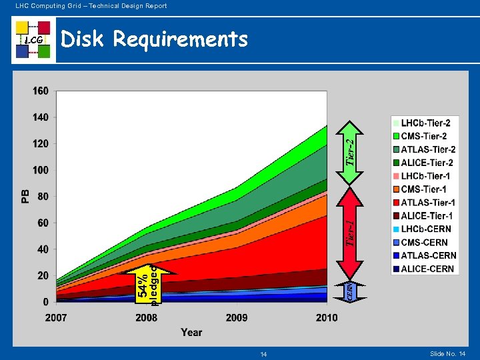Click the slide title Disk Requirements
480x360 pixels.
pos(154,40)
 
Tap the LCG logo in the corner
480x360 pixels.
pos(33,40)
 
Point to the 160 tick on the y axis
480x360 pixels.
pos(40,91)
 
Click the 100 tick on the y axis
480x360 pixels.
pos(40,170)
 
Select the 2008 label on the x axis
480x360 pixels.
pos(147,317)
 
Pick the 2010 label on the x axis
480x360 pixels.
pos(327,317)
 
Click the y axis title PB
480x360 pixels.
pos(25,195)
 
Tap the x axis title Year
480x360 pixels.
pos(191,332)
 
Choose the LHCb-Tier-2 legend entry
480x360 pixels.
pos(425,123)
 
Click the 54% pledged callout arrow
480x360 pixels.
pos(149,283)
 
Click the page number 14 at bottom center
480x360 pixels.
pos(263,354)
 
